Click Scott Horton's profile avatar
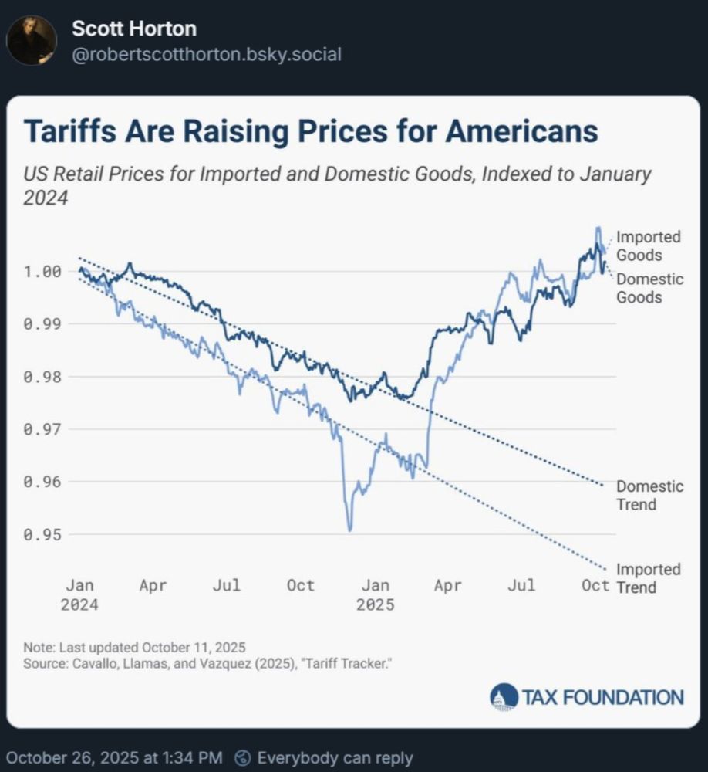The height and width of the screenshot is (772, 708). click(x=32, y=40)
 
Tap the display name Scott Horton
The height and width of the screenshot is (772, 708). click(x=133, y=29)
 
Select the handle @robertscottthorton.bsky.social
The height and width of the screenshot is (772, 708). click(x=206, y=55)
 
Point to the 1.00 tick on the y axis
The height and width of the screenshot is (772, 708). click(x=42, y=272)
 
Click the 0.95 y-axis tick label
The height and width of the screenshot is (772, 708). click(x=42, y=534)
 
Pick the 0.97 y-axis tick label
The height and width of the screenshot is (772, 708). click(x=42, y=429)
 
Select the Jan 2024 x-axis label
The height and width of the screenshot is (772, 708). click(x=79, y=594)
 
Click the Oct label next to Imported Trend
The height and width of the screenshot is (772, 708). click(x=595, y=585)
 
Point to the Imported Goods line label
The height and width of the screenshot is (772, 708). click(x=648, y=245)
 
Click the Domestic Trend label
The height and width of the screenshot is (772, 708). click(x=649, y=496)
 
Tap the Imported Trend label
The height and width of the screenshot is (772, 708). click(x=648, y=578)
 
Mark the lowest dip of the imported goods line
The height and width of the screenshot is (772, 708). click(x=349, y=530)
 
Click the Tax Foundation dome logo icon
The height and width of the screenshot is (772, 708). click(x=504, y=697)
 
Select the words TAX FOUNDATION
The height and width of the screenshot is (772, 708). click(x=602, y=698)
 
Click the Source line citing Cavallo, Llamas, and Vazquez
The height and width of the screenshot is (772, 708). click(x=206, y=663)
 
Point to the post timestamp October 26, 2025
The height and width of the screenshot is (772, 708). click(x=114, y=758)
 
